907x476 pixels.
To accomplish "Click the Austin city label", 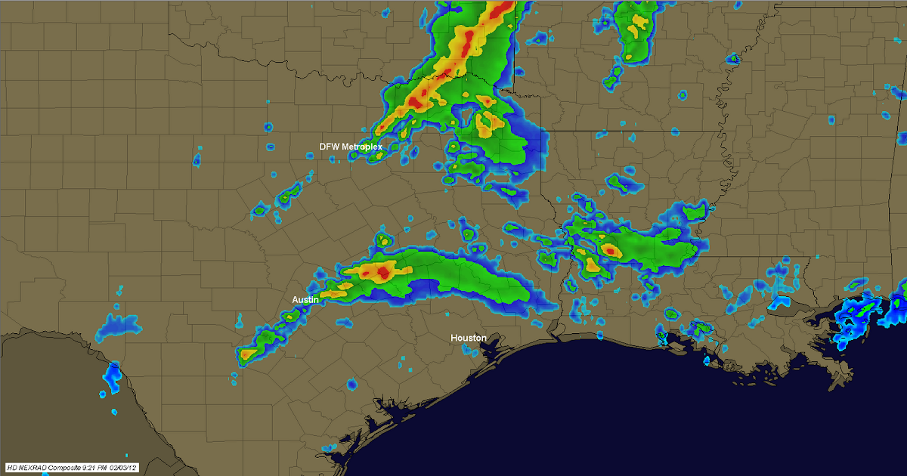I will point(305,300).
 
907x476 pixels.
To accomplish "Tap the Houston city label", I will point(468,338).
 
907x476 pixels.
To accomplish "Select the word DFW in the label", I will point(329,146).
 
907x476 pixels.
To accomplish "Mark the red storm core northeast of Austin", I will point(383,272).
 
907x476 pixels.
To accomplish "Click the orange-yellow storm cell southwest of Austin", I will point(247,354).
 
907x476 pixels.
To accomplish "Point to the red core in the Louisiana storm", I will point(609,250).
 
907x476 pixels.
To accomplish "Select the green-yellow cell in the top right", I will point(633,30).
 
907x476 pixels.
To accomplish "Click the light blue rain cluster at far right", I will point(858,321).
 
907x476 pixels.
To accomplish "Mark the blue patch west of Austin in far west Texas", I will point(119,325).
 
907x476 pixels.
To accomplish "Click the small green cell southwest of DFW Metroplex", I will point(288,198).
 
